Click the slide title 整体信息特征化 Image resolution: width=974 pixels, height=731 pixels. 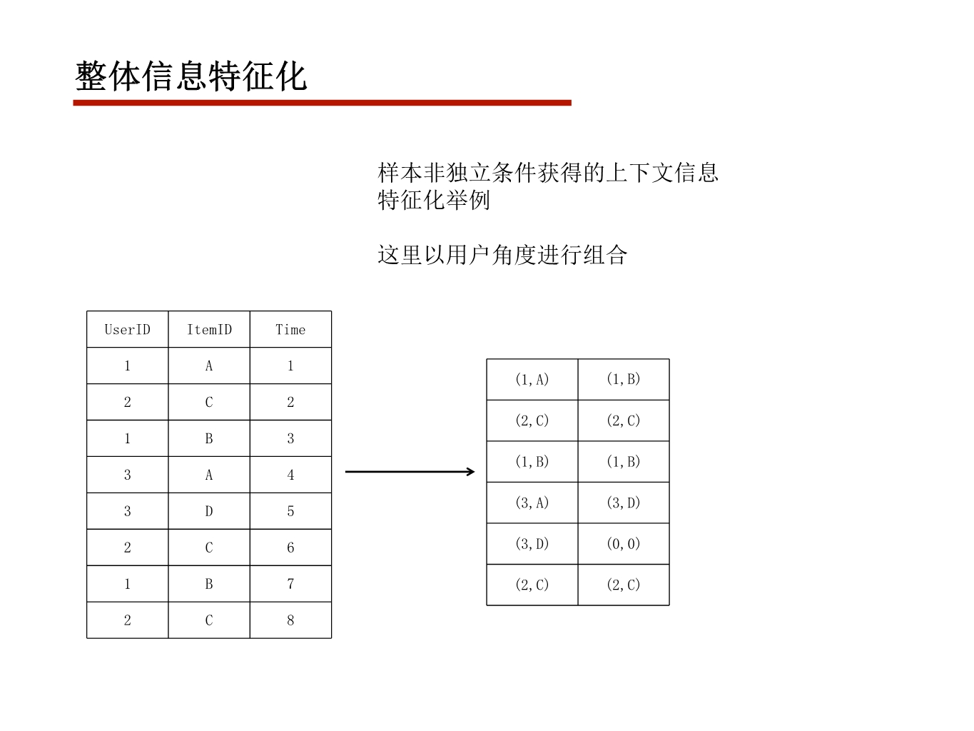tap(191, 76)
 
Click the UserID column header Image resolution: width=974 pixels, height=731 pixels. tap(127, 330)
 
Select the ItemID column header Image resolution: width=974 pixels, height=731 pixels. tap(209, 330)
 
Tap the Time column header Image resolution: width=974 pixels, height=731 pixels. tap(290, 330)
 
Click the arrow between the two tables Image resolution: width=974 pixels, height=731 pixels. tap(410, 471)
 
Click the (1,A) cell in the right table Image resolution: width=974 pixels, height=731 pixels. tap(532, 379)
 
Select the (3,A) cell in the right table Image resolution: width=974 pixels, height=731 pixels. tap(532, 503)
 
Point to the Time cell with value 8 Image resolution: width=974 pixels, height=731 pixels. tap(290, 620)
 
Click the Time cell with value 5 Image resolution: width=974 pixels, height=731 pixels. tap(290, 511)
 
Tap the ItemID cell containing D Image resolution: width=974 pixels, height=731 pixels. tap(209, 511)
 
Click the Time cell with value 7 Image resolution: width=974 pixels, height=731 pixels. tap(290, 584)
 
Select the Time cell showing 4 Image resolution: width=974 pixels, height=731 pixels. tap(290, 475)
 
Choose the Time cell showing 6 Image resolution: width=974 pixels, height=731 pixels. tap(290, 548)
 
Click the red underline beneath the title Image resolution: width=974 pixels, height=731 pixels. tap(322, 103)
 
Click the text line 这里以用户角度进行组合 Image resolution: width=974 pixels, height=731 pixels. tap(502, 255)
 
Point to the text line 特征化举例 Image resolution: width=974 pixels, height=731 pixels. tap(434, 200)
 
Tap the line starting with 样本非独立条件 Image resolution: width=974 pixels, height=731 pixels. tap(547, 172)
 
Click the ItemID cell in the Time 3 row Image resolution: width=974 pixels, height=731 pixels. tap(209, 438)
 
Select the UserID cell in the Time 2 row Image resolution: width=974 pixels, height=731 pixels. tap(127, 402)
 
